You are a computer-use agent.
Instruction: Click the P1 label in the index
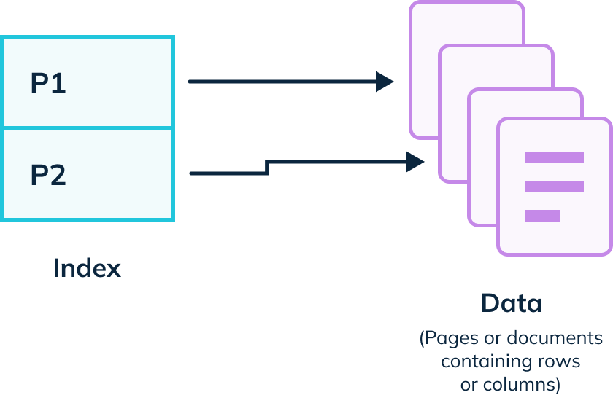[48, 84]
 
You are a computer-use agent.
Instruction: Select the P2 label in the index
[48, 176]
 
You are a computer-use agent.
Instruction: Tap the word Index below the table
[87, 268]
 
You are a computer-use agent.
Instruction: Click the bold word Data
[512, 303]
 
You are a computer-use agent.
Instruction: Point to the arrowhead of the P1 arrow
[385, 82]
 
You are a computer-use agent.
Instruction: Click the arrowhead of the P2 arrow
[416, 162]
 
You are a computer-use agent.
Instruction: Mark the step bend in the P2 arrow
[268, 168]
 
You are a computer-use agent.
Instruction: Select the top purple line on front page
[554, 157]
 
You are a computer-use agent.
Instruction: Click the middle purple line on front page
[554, 187]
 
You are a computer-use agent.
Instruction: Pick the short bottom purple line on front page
[542, 216]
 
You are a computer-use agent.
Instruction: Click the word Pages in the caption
[447, 339]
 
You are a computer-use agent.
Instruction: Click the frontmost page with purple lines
[554, 219]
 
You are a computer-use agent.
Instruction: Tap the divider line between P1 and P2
[88, 128]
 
